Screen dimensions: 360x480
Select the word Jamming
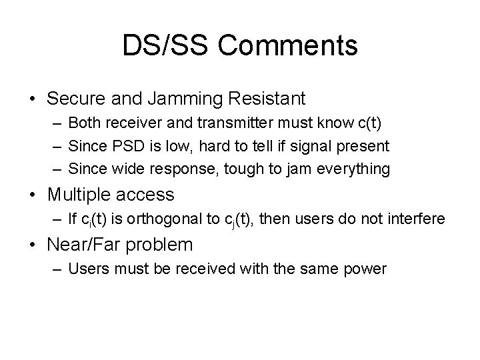pos(189,99)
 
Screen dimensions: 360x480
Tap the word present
pos(365,147)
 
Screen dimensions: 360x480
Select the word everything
pos(357,169)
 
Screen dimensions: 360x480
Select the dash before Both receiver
pos(56,125)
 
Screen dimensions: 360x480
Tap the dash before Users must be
pos(56,270)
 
